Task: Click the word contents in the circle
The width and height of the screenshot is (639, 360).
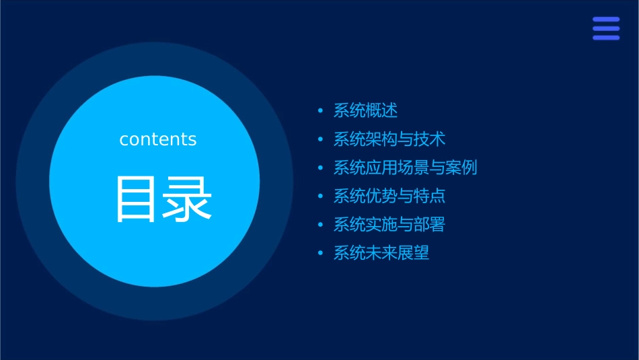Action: pyautogui.click(x=158, y=139)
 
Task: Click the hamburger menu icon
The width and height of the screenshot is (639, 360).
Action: pyautogui.click(x=606, y=28)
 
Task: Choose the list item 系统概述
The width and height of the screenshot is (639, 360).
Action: pyautogui.click(x=365, y=110)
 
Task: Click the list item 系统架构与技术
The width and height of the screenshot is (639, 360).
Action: pyautogui.click(x=389, y=139)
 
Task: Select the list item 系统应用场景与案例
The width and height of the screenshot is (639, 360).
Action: pyautogui.click(x=405, y=168)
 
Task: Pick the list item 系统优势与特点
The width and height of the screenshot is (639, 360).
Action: pyautogui.click(x=389, y=196)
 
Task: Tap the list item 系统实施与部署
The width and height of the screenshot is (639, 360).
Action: pyautogui.click(x=389, y=225)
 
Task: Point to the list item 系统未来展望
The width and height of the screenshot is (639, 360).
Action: pyautogui.click(x=381, y=253)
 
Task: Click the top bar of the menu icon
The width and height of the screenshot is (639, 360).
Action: pyautogui.click(x=606, y=20)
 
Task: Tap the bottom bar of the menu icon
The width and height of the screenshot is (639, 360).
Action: pyautogui.click(x=606, y=38)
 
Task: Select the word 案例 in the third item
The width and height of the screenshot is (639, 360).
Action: pyautogui.click(x=461, y=168)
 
